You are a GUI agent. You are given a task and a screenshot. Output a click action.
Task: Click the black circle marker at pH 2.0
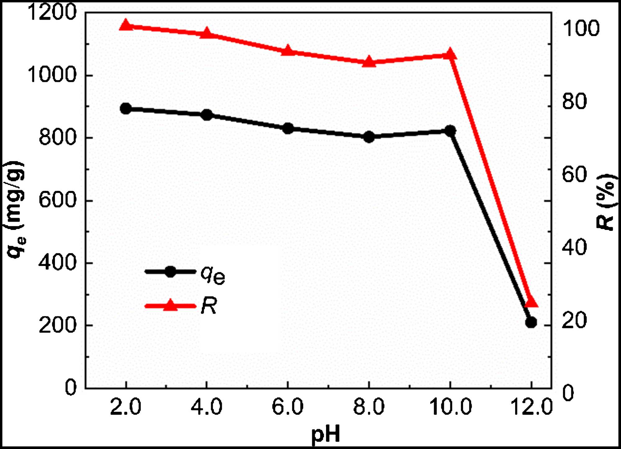tap(126, 109)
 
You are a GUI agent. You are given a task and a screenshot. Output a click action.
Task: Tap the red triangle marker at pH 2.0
tap(126, 25)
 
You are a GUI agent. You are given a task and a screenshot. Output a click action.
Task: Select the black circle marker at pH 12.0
tap(531, 322)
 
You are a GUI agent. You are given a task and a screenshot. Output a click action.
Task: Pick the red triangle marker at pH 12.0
tap(531, 301)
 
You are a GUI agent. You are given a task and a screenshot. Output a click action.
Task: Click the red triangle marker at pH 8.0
tap(369, 61)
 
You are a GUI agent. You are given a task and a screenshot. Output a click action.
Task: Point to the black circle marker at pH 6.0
tap(288, 128)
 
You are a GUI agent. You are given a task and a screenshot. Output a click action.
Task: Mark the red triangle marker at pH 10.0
tap(450, 54)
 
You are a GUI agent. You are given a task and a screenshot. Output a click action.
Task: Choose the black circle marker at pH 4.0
tap(207, 115)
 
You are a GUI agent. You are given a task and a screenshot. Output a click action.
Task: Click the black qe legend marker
tap(170, 272)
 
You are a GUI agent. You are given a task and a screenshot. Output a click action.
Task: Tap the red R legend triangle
tap(170, 305)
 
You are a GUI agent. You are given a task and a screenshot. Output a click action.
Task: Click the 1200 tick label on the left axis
tap(52, 12)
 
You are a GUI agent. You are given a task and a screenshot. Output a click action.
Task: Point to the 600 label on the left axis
tap(57, 200)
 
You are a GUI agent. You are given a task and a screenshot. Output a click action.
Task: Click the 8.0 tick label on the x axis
tap(369, 407)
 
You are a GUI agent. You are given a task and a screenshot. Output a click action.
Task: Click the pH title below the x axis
tap(325, 434)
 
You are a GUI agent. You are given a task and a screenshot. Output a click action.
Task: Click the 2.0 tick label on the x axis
tap(126, 407)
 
